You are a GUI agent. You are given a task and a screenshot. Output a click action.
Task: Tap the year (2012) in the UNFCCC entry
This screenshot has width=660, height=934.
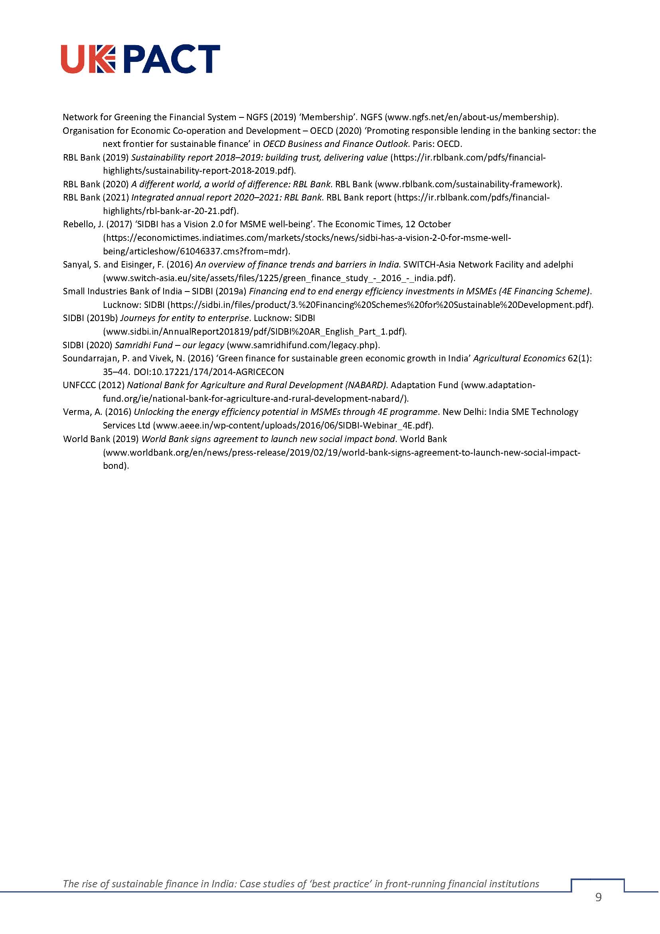[x=111, y=385]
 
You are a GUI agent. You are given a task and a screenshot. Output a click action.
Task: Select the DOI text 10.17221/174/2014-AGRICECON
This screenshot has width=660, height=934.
[x=223, y=372]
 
